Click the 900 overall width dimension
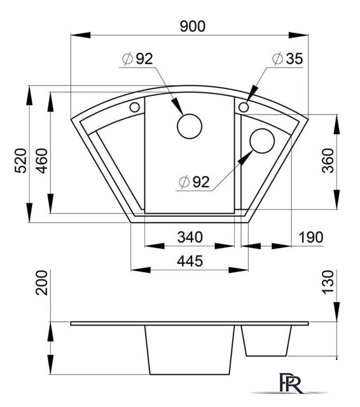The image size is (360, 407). pos(193,26)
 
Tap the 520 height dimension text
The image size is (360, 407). pos(21,160)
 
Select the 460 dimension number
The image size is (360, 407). pos(42,160)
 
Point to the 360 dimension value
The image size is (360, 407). pos(328,160)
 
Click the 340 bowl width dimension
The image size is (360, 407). pos(190,237)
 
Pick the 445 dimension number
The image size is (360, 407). pos(190,261)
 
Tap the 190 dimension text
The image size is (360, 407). pos(311,237)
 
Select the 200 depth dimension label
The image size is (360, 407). pos(42,282)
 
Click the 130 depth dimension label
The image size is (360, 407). pos(328,282)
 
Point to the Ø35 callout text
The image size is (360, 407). pos(287,59)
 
